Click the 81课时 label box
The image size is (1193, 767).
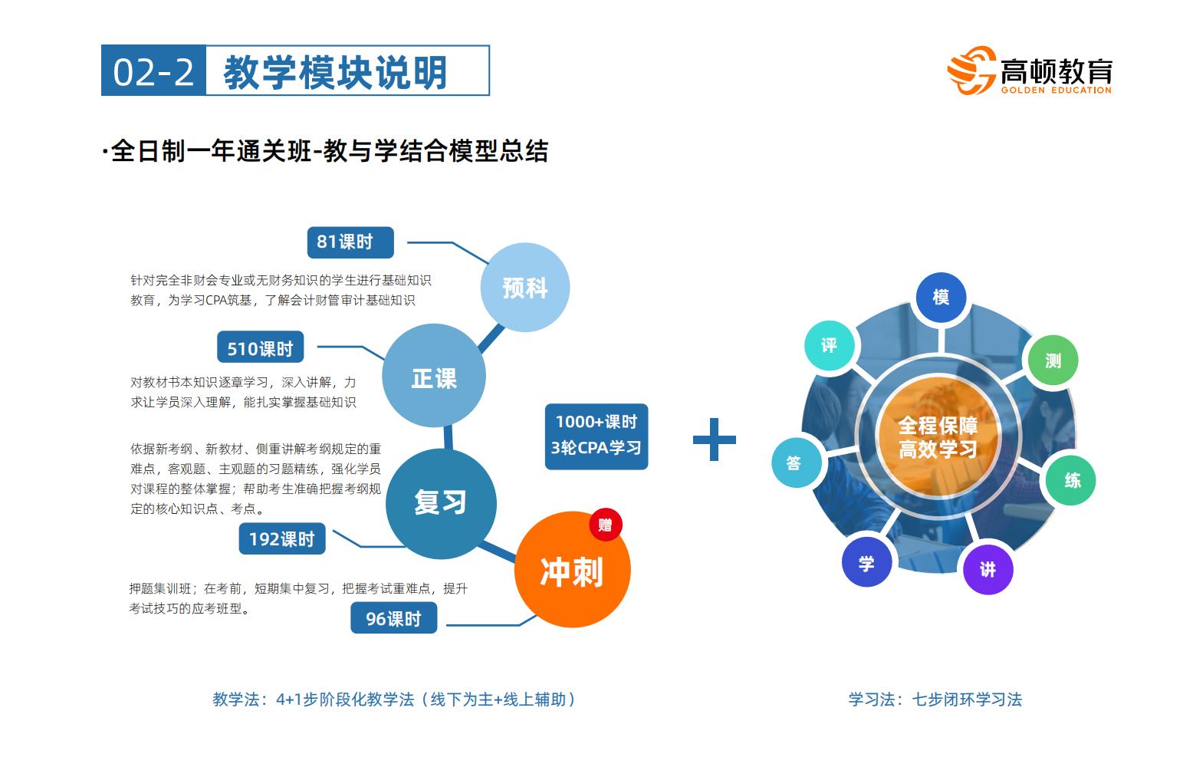point(350,242)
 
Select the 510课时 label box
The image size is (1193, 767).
point(261,347)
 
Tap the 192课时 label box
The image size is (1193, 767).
point(281,538)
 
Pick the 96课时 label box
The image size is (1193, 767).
point(393,618)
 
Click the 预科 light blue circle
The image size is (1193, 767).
point(525,288)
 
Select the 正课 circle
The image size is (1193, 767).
point(434,376)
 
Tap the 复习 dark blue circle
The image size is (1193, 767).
point(441,504)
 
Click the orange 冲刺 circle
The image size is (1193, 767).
point(573,569)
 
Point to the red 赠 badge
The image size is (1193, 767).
point(606,525)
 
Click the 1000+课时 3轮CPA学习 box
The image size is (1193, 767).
point(596,436)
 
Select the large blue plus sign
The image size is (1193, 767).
point(715,439)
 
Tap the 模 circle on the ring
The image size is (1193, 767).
point(941,298)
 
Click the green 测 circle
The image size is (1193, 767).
point(1053,360)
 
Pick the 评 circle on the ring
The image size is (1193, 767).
point(830,346)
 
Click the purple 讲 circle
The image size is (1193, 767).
point(988,569)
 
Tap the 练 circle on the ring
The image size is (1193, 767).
point(1071,480)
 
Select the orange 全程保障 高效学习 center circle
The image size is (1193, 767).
point(938,437)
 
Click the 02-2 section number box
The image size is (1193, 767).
point(153,71)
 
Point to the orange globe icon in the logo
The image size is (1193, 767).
point(971,71)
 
